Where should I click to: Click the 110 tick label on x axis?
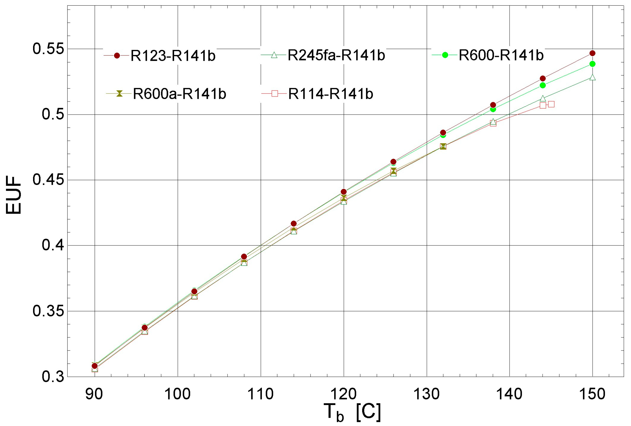[x=261, y=394]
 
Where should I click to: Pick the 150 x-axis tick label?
[x=592, y=394]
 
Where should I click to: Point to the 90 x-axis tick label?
[x=94, y=394]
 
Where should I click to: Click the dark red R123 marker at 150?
[x=592, y=53]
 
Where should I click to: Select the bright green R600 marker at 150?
[x=592, y=64]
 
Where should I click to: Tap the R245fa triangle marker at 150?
[x=592, y=78]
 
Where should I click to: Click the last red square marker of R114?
[x=551, y=104]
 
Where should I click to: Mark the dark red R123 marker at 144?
[x=543, y=78]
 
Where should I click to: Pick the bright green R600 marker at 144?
[x=543, y=85]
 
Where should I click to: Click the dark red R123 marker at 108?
[x=244, y=256]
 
